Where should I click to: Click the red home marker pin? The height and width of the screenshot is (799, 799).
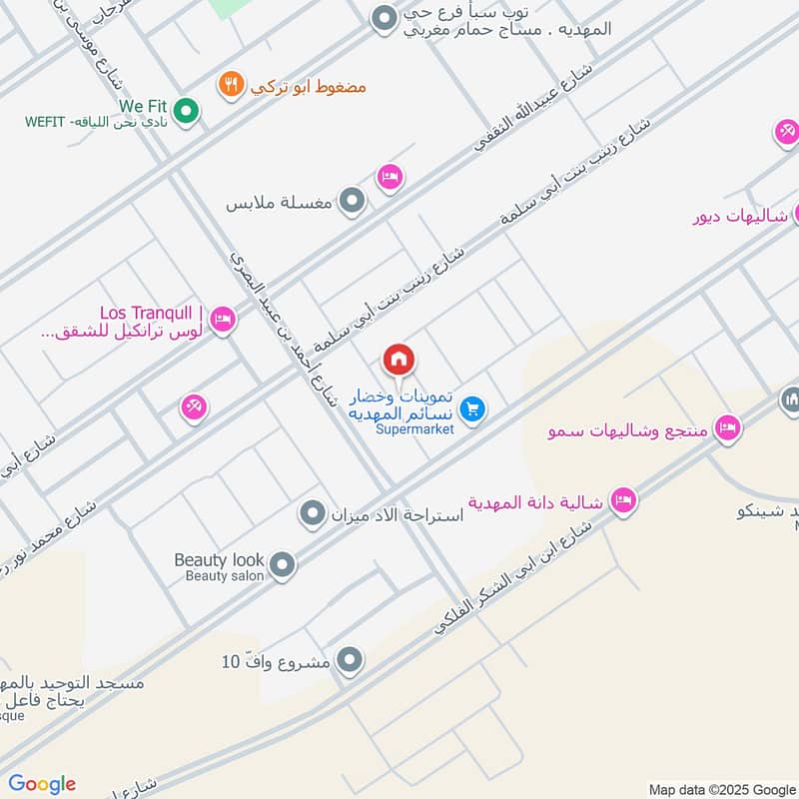click(399, 360)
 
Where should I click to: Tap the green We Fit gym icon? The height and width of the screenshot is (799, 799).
click(185, 112)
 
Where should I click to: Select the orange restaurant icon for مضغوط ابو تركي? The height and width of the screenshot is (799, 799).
click(231, 85)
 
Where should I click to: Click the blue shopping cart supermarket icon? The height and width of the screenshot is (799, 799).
click(473, 408)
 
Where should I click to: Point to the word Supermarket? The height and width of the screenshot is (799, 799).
click(414, 429)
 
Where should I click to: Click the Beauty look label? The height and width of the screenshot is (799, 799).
click(220, 560)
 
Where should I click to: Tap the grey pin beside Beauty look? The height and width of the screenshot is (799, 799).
click(283, 566)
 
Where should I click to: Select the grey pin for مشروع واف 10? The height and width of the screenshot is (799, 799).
click(350, 659)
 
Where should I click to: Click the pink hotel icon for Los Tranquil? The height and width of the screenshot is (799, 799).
click(223, 320)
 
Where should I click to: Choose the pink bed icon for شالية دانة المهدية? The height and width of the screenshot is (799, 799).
click(623, 500)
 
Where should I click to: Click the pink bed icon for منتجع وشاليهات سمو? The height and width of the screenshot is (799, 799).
click(727, 428)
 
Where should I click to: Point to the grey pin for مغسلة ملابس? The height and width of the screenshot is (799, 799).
click(351, 203)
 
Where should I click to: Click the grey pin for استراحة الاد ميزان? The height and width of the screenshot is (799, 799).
click(314, 514)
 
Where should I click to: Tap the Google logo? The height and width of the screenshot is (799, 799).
click(42, 784)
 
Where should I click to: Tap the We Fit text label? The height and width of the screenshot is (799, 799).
click(140, 104)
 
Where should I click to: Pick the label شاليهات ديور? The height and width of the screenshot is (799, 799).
click(740, 216)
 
